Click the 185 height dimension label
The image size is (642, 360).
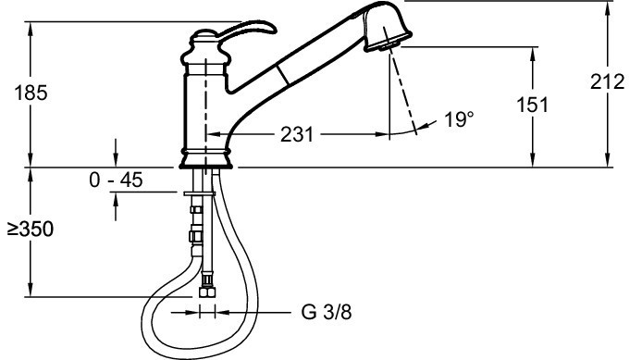(31, 93)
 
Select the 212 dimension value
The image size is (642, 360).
(607, 82)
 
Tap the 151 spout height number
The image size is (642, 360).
(532, 105)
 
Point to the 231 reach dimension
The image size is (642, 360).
(297, 134)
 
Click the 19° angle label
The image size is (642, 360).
(459, 119)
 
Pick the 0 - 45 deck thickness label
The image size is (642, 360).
(116, 180)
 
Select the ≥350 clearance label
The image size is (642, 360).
(31, 229)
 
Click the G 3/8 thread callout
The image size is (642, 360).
(327, 312)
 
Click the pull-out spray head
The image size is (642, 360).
(387, 27)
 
